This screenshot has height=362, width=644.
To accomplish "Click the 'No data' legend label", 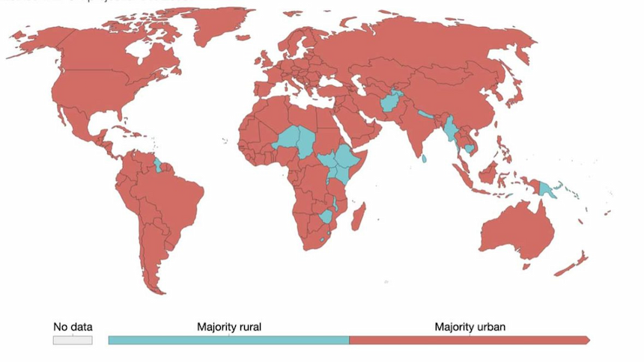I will click(x=73, y=327).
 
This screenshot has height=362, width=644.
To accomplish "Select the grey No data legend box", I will click(x=73, y=340).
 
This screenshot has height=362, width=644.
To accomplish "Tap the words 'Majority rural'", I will click(x=228, y=327).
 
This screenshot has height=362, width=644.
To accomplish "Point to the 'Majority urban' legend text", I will click(x=470, y=327).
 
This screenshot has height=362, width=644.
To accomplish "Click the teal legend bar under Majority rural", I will click(x=228, y=340).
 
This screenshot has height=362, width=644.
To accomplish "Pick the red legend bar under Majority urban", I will click(x=470, y=340).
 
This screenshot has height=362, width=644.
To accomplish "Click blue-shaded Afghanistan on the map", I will click(x=391, y=102).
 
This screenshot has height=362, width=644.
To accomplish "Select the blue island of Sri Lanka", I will click(x=425, y=159).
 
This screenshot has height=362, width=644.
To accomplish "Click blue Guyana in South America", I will click(x=157, y=162).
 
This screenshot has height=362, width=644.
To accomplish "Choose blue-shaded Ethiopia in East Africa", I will click(x=345, y=158).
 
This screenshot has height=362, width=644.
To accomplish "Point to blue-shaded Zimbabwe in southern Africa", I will click(x=326, y=217).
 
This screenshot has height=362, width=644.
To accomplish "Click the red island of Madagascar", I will click(x=359, y=216).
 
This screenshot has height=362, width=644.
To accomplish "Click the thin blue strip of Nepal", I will click(x=426, y=114).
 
